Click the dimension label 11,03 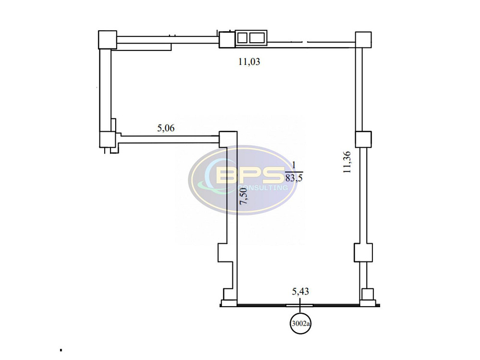point(249,62)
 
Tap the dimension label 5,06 point(166,128)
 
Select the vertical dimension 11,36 point(347,162)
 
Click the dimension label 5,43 point(300,291)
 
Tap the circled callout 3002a point(300,323)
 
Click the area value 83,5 point(294,178)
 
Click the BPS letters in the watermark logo point(250,175)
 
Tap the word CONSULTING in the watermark point(263,187)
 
